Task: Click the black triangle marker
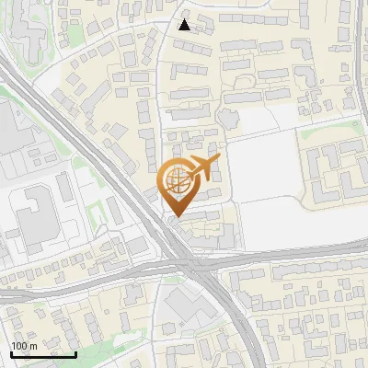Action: pos(185,25)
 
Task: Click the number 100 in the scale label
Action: pos(19,346)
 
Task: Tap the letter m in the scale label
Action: pos(33,346)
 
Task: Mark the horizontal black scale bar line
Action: pos(43,354)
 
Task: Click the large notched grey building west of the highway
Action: pos(32,217)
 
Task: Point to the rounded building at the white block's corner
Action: pos(227,118)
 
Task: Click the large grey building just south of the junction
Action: pos(189,308)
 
